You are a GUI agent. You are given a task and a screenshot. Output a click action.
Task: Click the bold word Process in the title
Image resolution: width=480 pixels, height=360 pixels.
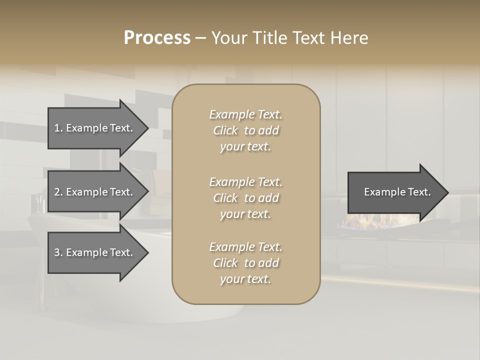(157, 38)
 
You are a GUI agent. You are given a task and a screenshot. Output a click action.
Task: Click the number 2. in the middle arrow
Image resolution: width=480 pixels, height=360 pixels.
(58, 192)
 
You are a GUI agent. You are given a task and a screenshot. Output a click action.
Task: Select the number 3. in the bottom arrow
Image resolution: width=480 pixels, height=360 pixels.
(58, 252)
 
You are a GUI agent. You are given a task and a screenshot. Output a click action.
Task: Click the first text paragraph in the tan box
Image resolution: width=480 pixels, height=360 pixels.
(245, 130)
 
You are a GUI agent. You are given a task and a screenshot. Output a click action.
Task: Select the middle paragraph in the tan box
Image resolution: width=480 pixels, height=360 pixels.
(245, 198)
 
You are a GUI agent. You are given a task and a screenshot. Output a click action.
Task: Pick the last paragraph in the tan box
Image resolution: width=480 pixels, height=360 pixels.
(245, 263)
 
